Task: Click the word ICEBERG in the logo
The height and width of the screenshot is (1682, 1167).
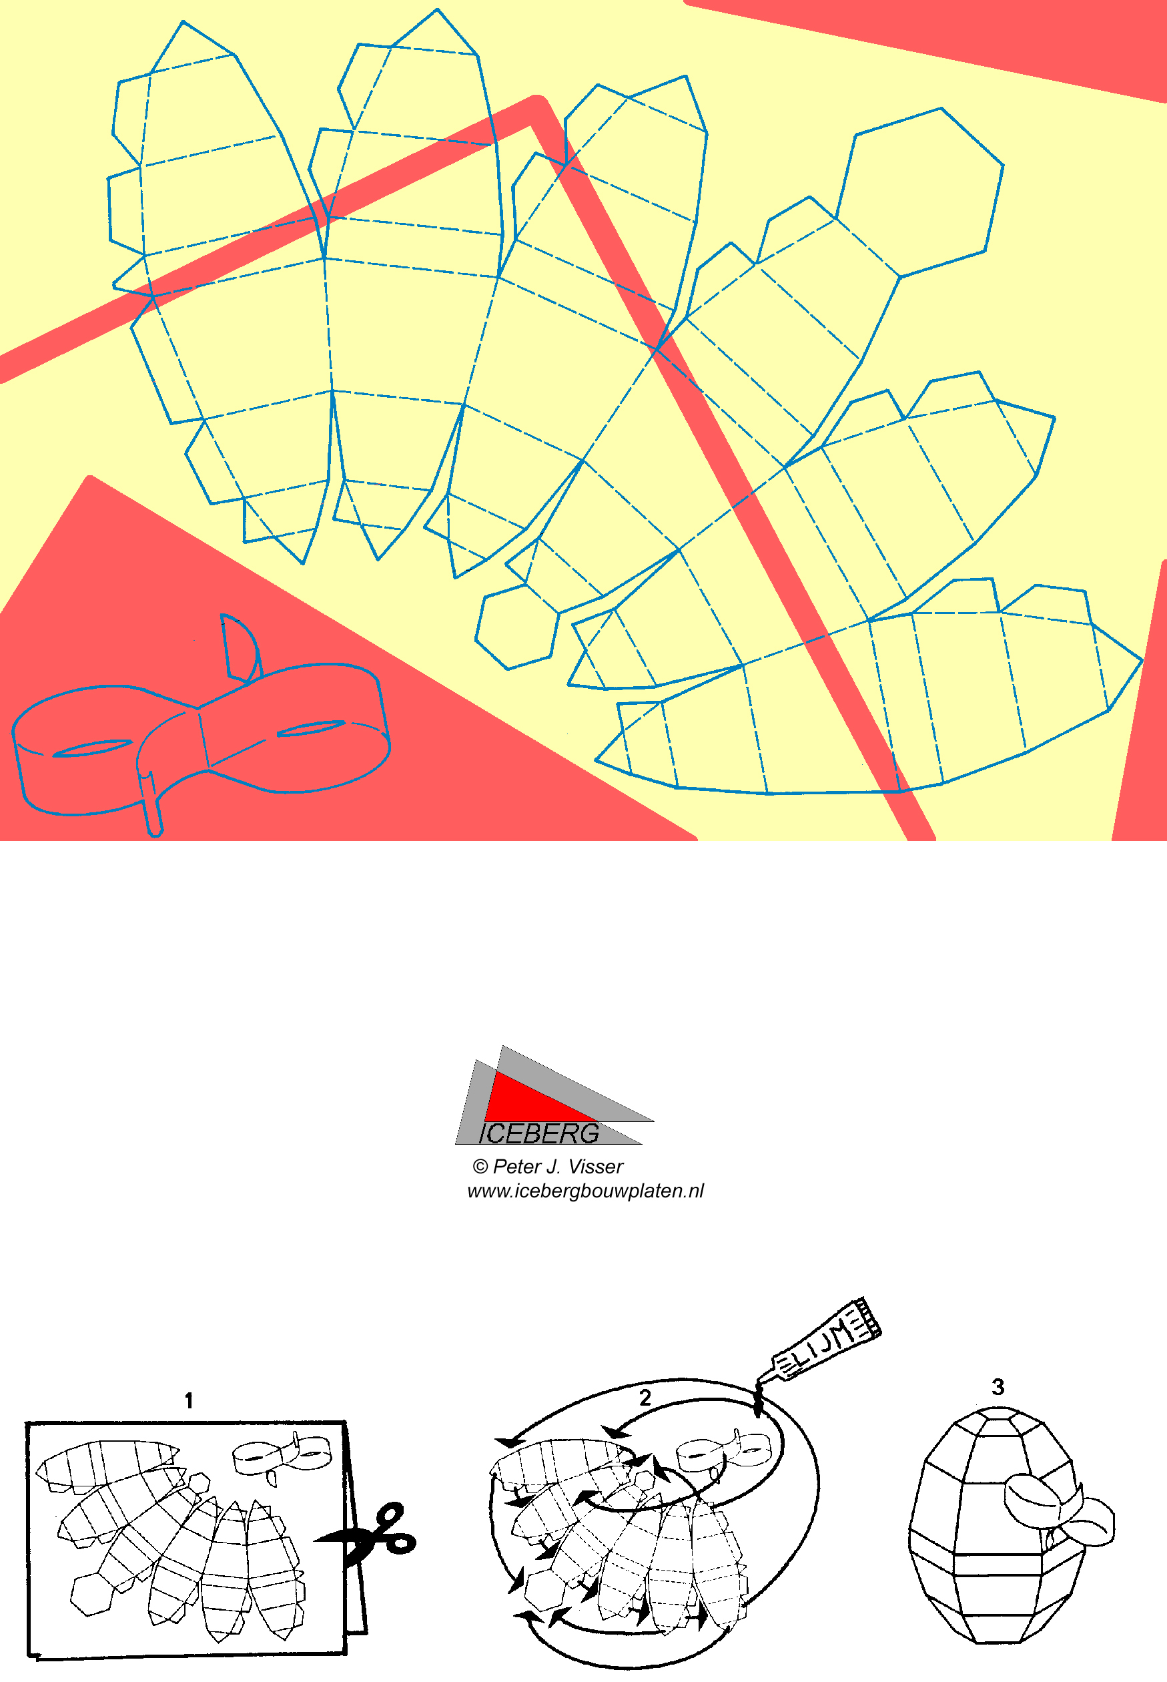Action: click(539, 1133)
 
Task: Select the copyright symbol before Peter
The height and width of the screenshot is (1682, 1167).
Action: click(480, 1167)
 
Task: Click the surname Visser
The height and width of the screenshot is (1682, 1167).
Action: click(596, 1167)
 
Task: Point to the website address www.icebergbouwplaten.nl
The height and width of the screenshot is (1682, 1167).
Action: click(585, 1191)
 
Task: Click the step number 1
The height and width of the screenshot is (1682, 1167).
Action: click(189, 1401)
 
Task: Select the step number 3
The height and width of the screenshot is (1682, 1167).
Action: click(998, 1386)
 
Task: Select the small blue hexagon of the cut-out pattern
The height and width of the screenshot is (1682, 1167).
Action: click(517, 627)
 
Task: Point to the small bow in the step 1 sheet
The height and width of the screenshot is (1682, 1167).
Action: click(282, 1456)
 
